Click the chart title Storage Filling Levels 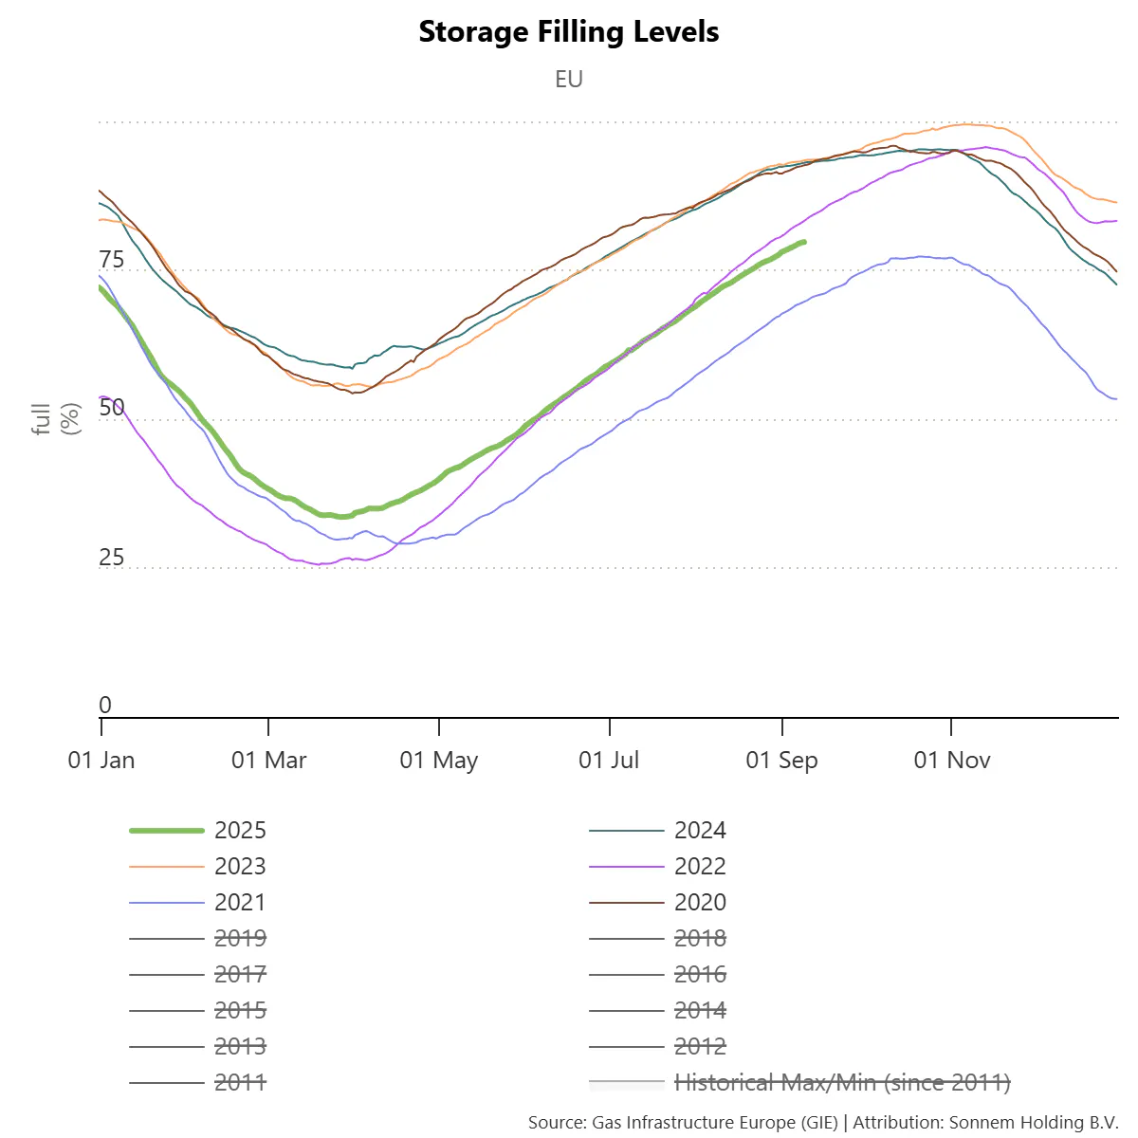click(x=569, y=32)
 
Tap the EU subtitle click(x=569, y=79)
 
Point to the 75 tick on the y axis click(x=112, y=261)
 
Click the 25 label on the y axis click(x=112, y=558)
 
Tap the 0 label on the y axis click(x=105, y=706)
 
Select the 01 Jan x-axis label click(x=101, y=761)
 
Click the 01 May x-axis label click(x=439, y=761)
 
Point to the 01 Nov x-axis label click(x=952, y=761)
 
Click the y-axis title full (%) click(x=56, y=418)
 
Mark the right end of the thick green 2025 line click(x=804, y=242)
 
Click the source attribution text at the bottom click(x=823, y=1123)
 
